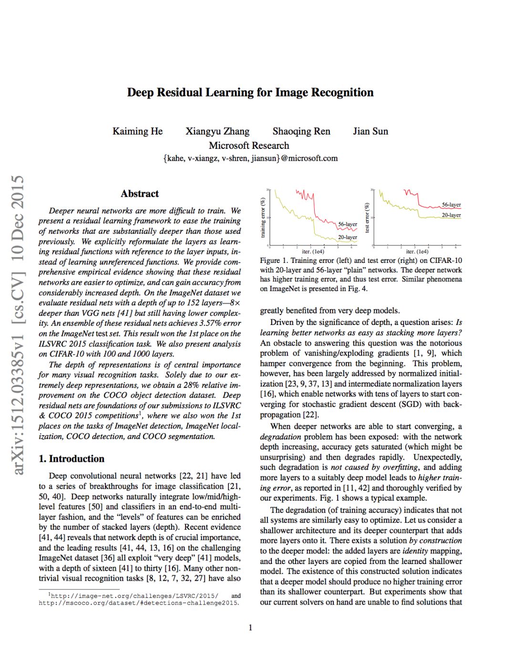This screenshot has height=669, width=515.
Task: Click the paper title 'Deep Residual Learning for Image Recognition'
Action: tap(250, 93)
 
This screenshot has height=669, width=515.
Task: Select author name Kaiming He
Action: tap(137, 131)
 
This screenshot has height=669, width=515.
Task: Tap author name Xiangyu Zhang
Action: tap(217, 131)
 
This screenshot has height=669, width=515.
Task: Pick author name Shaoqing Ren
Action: tap(301, 131)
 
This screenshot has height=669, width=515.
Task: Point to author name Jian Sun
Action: tap(371, 131)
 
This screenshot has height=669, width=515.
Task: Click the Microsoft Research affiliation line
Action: tap(249, 146)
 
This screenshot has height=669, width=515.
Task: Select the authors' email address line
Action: tap(250, 158)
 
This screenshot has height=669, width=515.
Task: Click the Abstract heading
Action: tap(140, 194)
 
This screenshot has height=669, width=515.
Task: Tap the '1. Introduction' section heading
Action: tap(72, 459)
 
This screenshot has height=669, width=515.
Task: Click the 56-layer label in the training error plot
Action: tap(348, 224)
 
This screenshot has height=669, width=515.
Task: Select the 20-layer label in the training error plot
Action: tap(348, 237)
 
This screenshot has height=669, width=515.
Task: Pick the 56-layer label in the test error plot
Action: tap(451, 205)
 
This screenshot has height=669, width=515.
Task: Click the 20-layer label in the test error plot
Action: tap(451, 215)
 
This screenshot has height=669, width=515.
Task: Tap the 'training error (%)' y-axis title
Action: tap(263, 218)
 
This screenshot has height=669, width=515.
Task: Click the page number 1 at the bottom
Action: tap(250, 627)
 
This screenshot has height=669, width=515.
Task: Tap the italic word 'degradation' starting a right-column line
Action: tap(280, 437)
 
